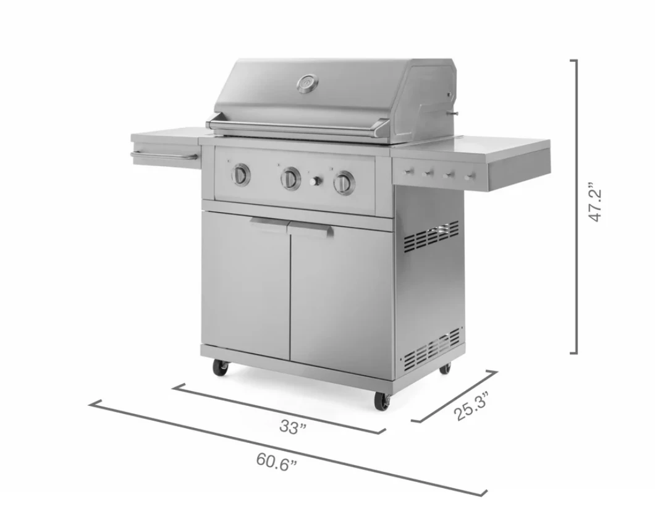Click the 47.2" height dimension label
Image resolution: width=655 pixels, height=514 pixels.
[x=595, y=201]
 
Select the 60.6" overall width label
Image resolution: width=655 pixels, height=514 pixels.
[x=277, y=462]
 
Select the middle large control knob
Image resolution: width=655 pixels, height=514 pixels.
[x=290, y=178]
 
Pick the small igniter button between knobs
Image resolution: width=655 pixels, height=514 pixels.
[x=316, y=181]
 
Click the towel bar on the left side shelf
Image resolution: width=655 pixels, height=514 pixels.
[x=164, y=156]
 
